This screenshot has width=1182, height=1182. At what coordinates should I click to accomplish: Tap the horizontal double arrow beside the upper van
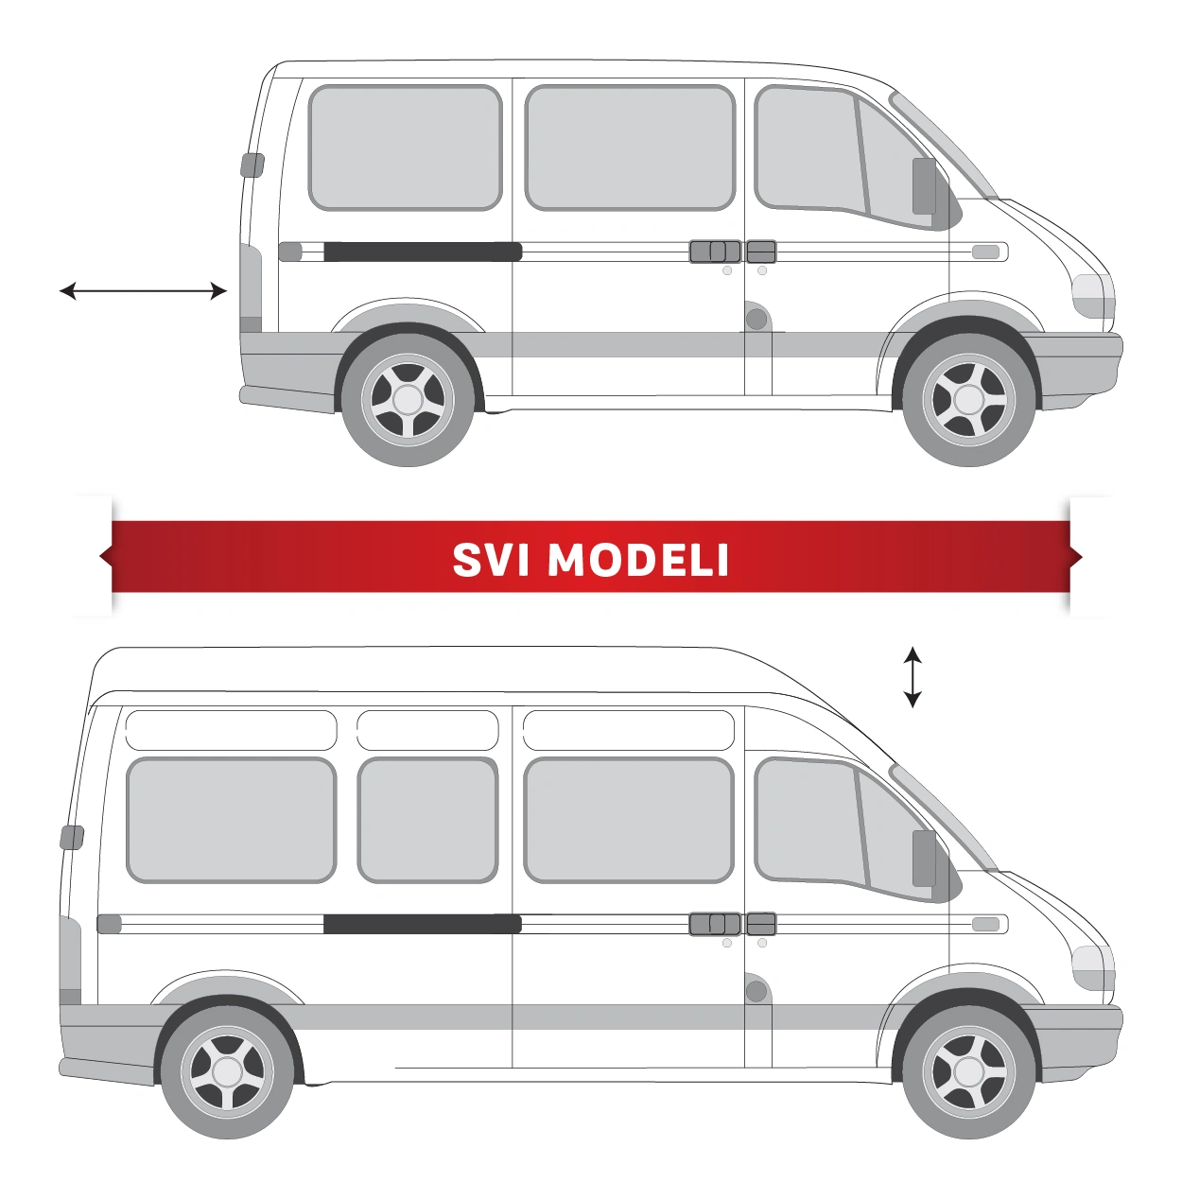[143, 291]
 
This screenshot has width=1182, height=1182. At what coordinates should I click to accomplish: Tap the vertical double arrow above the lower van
[913, 677]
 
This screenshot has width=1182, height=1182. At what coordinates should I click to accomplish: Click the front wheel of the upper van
[969, 399]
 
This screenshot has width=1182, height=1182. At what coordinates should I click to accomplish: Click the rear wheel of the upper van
[408, 399]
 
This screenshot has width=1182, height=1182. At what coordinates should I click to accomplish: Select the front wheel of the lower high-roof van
[969, 1071]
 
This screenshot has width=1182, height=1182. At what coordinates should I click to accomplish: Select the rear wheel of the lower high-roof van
[228, 1071]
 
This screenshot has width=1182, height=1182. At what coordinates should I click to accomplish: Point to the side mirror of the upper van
[924, 186]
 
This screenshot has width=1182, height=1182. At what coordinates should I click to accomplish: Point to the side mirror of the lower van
[924, 859]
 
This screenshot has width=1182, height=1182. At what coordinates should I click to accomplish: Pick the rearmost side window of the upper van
[405, 148]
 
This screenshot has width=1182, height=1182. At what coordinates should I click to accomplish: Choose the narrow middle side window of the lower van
[427, 820]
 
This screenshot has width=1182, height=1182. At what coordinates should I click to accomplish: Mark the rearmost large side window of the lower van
[231, 820]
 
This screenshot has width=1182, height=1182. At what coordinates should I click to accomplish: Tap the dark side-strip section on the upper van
[423, 252]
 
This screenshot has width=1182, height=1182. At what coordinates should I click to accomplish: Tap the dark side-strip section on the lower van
[423, 924]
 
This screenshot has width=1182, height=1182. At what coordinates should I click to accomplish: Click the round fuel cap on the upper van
[756, 319]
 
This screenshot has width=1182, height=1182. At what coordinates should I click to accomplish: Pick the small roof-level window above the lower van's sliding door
[628, 730]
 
